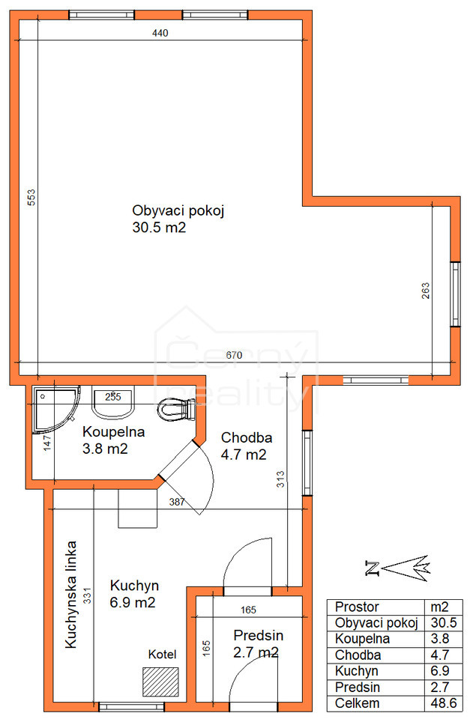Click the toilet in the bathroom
177,409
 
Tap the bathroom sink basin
113,403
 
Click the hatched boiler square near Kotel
160,682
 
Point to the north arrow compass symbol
397,568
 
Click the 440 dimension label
160,33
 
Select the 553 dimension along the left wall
31,197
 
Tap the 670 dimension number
234,355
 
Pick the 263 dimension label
426,291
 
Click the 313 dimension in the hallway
280,479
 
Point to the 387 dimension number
177,502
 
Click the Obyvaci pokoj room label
178,210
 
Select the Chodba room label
247,437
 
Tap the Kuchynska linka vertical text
70,595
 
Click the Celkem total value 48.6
444,703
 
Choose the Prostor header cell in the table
357,607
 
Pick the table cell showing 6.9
439,671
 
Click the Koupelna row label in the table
362,638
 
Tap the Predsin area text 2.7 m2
256,652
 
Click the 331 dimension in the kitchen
87,595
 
